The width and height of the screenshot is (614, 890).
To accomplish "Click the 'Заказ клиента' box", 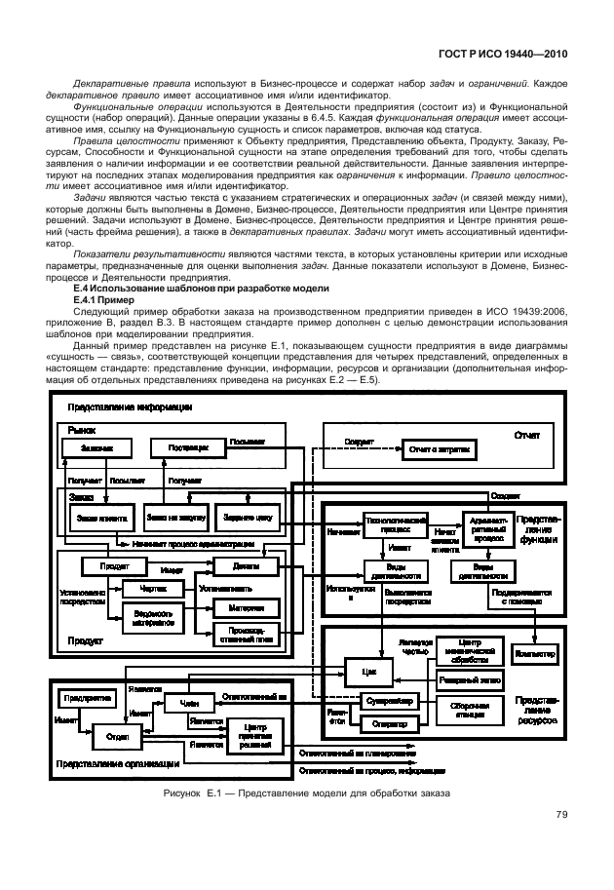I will click(x=99, y=519).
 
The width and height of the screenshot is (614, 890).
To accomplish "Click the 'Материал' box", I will click(x=239, y=606).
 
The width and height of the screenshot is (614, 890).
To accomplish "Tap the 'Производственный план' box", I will click(x=239, y=635).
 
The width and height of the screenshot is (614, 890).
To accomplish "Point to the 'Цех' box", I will click(x=367, y=674).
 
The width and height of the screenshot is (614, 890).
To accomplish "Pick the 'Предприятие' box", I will click(x=88, y=698).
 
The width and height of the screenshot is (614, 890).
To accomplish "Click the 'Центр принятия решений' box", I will click(x=255, y=734).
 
